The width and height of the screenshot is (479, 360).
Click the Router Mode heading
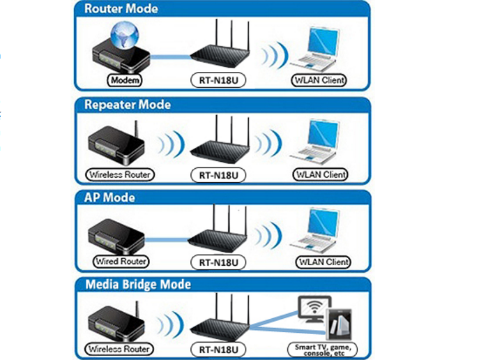pyautogui.click(x=121, y=9)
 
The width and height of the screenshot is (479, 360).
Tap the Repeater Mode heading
pyautogui.click(x=128, y=104)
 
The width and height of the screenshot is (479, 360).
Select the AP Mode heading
pyautogui.click(x=109, y=197)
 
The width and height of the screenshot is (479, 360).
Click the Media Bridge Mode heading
pyautogui.click(x=137, y=284)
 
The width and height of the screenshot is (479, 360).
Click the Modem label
pyautogui.click(x=126, y=80)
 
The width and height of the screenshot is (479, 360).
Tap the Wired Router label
pyautogui.click(x=120, y=262)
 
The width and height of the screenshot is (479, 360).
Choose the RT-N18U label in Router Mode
pyautogui.click(x=219, y=80)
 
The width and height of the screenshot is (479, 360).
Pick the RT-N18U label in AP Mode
pyautogui.click(x=219, y=262)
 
